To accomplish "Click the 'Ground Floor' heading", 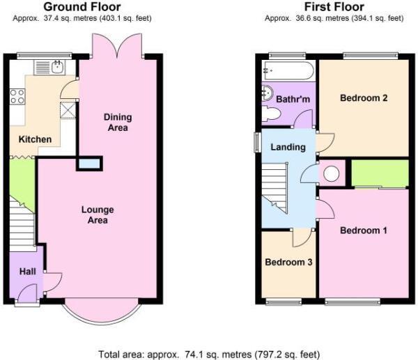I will click(82, 7).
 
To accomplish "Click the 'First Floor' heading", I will click(334, 7).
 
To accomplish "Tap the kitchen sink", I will click(58, 67).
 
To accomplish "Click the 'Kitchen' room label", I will click(35, 139).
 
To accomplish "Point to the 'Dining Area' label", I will click(116, 122).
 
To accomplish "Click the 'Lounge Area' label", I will click(98, 214).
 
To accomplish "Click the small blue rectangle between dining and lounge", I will click(88, 164).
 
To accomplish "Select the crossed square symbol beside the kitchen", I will click(68, 110).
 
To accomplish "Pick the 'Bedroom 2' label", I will click(363, 98).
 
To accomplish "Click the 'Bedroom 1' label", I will click(363, 230).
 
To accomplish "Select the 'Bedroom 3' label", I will click(288, 263).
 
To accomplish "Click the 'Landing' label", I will click(288, 147).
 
